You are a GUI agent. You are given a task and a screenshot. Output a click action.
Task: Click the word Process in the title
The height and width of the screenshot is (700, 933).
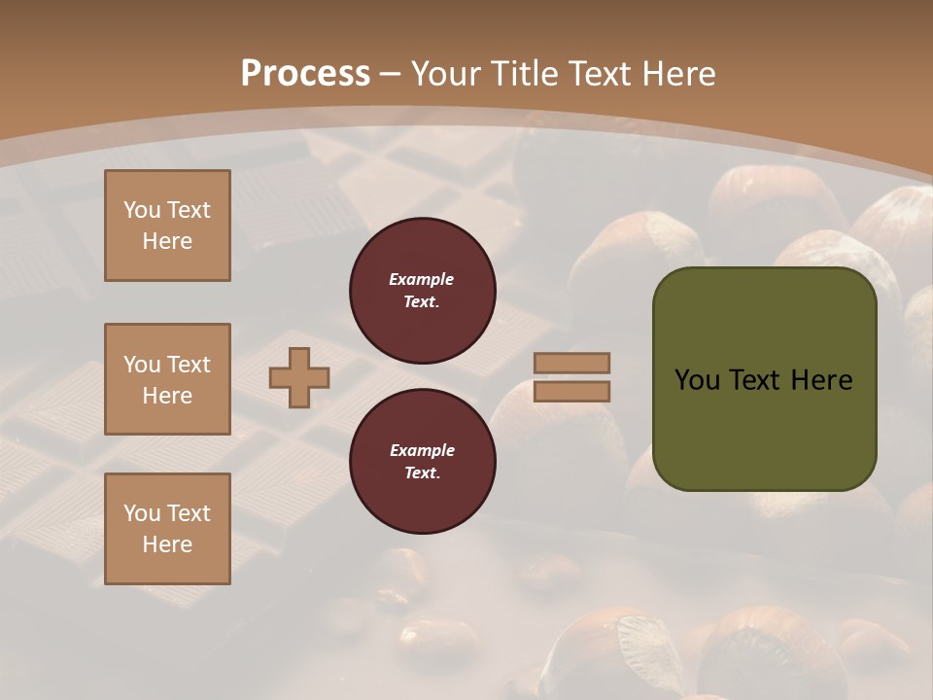(x=305, y=74)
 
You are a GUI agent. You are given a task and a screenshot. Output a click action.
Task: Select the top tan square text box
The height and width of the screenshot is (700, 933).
(x=167, y=226)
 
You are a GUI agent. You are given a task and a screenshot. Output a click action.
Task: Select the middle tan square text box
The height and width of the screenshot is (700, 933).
(x=167, y=379)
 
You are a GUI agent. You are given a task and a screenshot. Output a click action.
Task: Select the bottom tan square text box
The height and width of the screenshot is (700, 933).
(x=167, y=529)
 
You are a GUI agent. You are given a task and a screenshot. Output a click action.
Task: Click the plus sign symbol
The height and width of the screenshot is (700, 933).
(x=299, y=378)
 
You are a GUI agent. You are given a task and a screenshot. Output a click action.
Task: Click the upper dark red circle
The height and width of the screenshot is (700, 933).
(x=422, y=291)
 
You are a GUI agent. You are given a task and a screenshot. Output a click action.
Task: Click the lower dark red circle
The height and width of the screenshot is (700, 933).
(x=422, y=462)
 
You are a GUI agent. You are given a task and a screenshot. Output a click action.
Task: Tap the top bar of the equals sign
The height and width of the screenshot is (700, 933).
(x=571, y=364)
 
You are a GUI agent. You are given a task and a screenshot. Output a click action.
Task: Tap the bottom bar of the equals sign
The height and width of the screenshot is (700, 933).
(x=571, y=391)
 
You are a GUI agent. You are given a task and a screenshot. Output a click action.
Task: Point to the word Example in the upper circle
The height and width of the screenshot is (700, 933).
(x=422, y=279)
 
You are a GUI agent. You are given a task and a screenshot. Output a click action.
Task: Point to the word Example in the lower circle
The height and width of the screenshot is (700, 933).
(x=422, y=450)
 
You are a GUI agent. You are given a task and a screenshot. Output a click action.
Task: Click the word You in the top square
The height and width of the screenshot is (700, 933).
(x=142, y=210)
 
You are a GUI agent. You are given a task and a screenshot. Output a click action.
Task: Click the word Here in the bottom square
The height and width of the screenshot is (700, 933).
(x=167, y=544)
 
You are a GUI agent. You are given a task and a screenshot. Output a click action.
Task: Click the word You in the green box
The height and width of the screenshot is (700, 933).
(x=697, y=380)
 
